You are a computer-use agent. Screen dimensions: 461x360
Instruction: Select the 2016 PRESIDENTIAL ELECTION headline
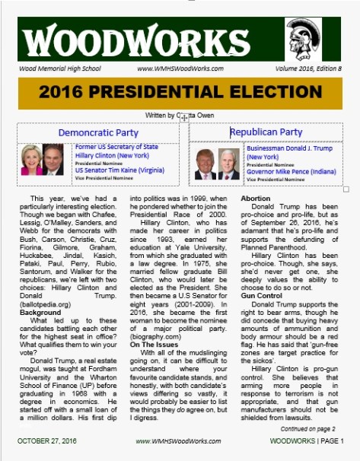coord(180,93)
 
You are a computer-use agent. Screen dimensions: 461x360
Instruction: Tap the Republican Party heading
coord(266,132)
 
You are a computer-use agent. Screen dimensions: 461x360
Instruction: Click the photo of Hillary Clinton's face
coord(32,158)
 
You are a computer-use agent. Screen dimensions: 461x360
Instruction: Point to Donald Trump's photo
coord(205,163)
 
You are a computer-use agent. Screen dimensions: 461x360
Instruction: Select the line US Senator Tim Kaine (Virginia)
coord(119,171)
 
